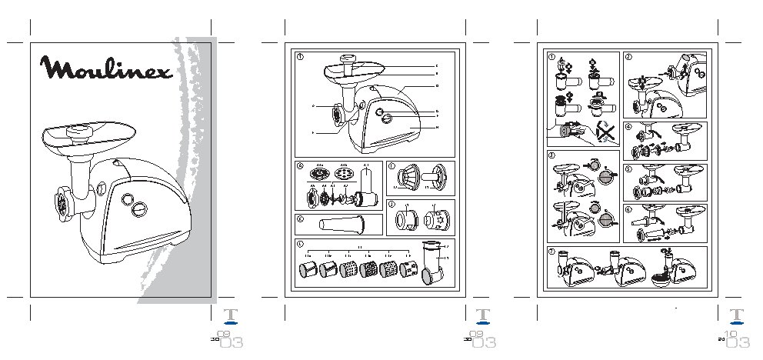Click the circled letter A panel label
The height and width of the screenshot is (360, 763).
click(302, 165)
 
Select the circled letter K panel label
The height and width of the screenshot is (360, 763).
click(302, 218)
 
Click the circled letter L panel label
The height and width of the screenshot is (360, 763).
click(302, 244)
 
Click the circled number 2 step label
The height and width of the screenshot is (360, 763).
click(628, 57)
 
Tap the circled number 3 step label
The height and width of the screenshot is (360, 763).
click(551, 155)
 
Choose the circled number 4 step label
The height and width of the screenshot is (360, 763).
click(628, 126)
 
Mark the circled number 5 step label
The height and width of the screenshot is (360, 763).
click(628, 168)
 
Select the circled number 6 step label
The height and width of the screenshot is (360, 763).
click(628, 208)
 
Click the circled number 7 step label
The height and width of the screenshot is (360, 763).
click(551, 252)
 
